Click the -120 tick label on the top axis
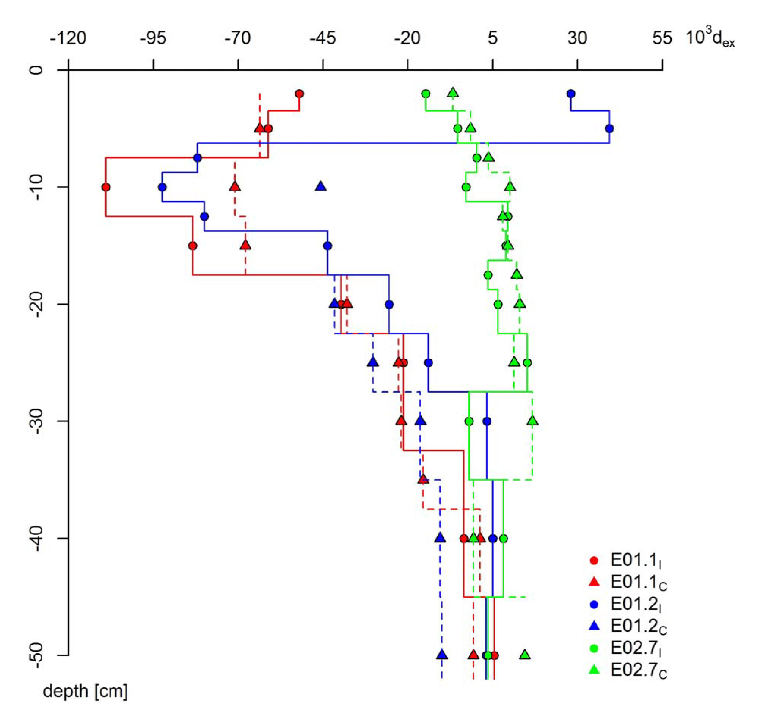pos(68,38)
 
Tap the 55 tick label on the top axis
pos(662,38)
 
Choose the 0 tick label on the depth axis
pos(37,70)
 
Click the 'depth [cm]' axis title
pos(85,691)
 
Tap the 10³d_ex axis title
pos(710,38)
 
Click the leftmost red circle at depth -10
pos(106,187)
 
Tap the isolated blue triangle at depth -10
pos(320,186)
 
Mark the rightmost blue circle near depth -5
pos(609,128)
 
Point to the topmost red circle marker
pos(300,94)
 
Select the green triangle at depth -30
pos(532,421)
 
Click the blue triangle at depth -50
pos(442,655)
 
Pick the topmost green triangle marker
pos(453,93)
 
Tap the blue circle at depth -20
pos(389,304)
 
